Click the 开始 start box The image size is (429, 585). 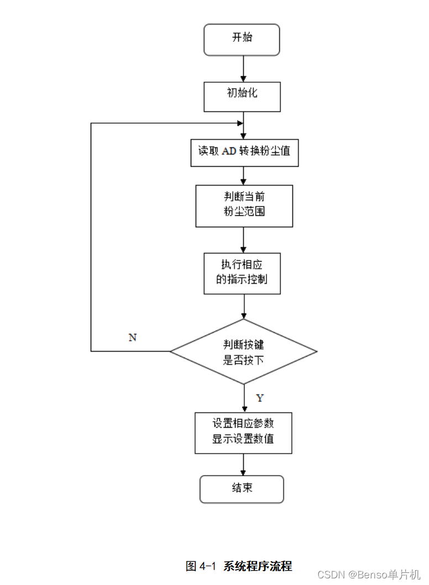pyautogui.click(x=242, y=40)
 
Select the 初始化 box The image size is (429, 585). pyautogui.click(x=242, y=97)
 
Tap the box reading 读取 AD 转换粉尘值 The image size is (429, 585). pyautogui.click(x=244, y=152)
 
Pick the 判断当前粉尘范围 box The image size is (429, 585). pyautogui.click(x=244, y=205)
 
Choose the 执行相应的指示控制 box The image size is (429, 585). pyautogui.click(x=242, y=273)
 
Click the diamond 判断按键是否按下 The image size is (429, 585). pyautogui.click(x=243, y=352)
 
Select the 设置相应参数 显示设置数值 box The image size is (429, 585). pyautogui.click(x=243, y=433)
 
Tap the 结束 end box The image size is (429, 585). pyautogui.click(x=242, y=489)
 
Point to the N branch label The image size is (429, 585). pyautogui.click(x=133, y=337)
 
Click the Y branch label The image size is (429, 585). pyautogui.click(x=260, y=398)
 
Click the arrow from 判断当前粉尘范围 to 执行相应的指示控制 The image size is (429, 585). pyautogui.click(x=243, y=240)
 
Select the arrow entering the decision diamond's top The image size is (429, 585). pyautogui.click(x=243, y=307)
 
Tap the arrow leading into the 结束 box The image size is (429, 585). pyautogui.click(x=243, y=465)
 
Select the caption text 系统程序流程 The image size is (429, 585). pyautogui.click(x=258, y=566)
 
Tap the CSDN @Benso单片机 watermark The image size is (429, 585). pyautogui.click(x=369, y=575)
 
